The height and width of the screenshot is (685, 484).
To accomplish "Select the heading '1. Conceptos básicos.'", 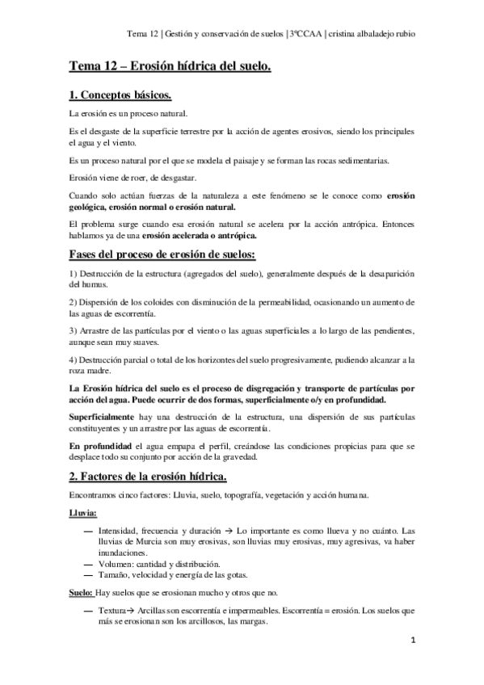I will pyautogui.click(x=120, y=95).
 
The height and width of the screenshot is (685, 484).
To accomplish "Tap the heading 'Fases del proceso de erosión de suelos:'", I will pyautogui.click(x=162, y=256).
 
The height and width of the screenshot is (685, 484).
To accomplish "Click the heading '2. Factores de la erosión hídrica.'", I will pyautogui.click(x=147, y=473).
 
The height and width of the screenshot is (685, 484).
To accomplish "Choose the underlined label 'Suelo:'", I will pyautogui.click(x=81, y=592).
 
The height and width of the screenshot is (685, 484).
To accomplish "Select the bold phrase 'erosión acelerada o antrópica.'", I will pyautogui.click(x=200, y=236).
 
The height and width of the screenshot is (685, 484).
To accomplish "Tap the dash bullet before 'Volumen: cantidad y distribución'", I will pyautogui.click(x=87, y=563).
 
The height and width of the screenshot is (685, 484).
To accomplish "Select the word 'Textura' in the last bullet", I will pyautogui.click(x=112, y=611).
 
